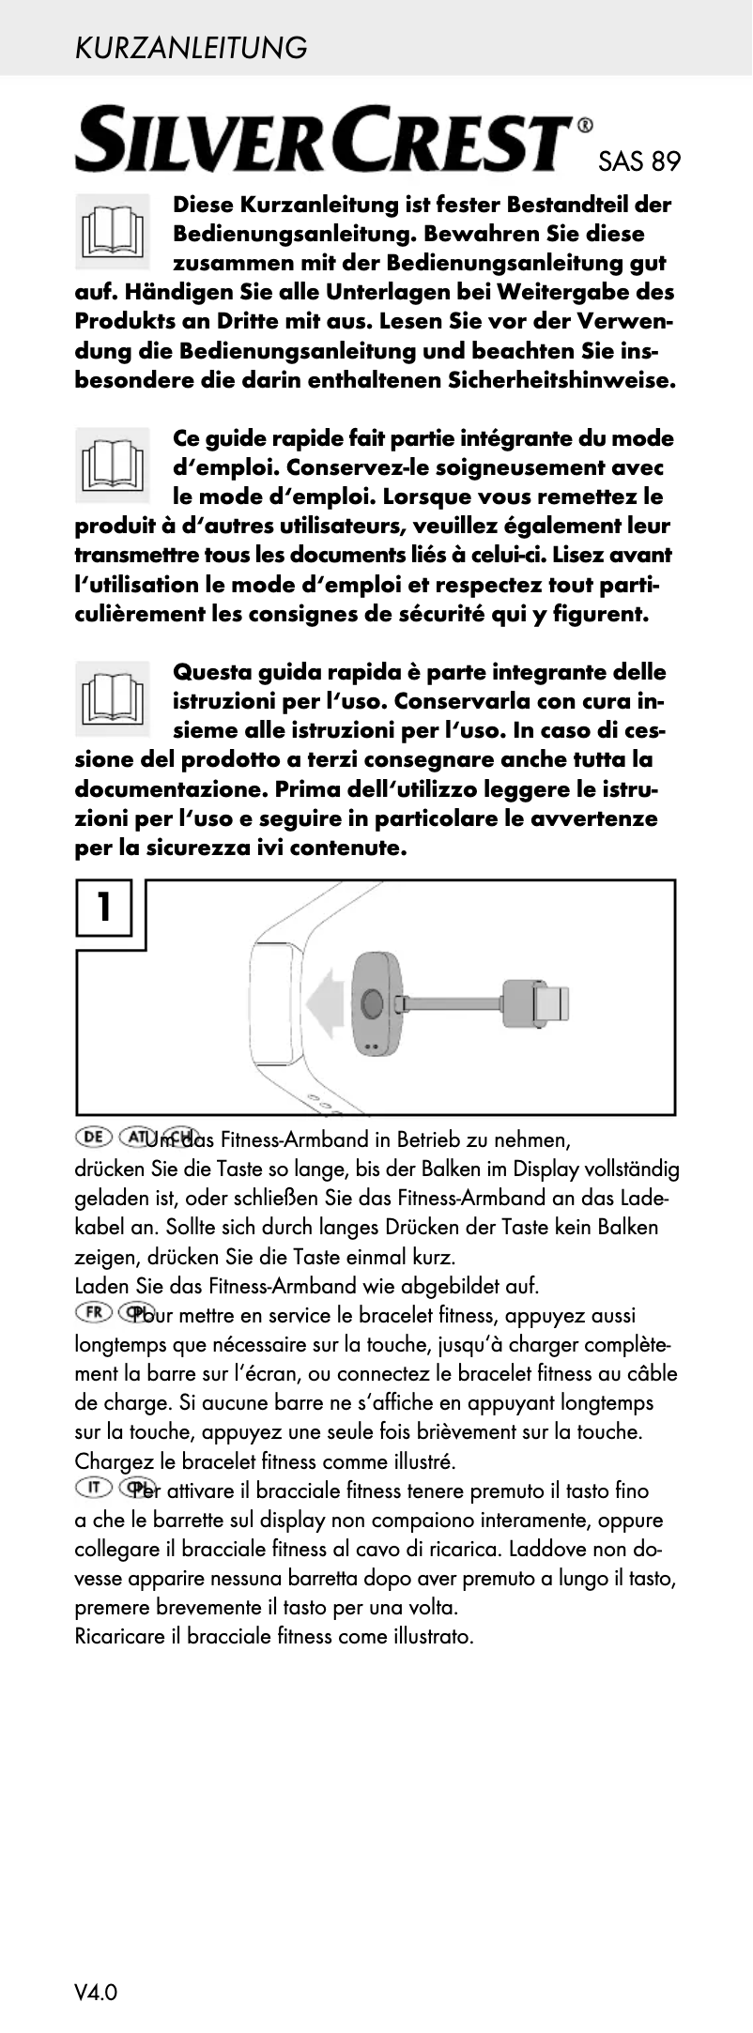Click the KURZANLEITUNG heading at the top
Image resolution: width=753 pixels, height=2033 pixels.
tap(191, 47)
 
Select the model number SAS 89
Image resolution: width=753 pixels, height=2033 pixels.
tap(638, 162)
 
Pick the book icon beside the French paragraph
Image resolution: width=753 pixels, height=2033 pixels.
tap(113, 464)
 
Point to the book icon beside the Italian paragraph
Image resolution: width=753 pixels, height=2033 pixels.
tap(113, 697)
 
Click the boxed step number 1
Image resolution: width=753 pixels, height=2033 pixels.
tap(103, 908)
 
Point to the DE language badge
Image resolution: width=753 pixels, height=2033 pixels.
tap(93, 1138)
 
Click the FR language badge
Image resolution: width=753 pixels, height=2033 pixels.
tap(93, 1312)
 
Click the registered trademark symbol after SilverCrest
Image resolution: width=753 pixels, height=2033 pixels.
tap(584, 125)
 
